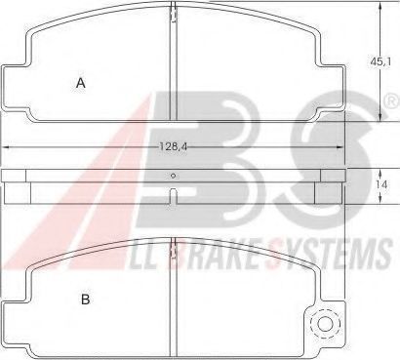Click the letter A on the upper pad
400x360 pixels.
click(x=81, y=83)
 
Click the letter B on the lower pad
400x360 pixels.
click(x=85, y=300)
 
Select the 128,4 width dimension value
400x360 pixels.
click(x=174, y=147)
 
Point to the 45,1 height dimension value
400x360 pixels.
click(x=380, y=60)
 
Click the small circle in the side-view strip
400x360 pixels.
click(x=174, y=176)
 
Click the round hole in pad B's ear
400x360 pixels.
click(x=326, y=324)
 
